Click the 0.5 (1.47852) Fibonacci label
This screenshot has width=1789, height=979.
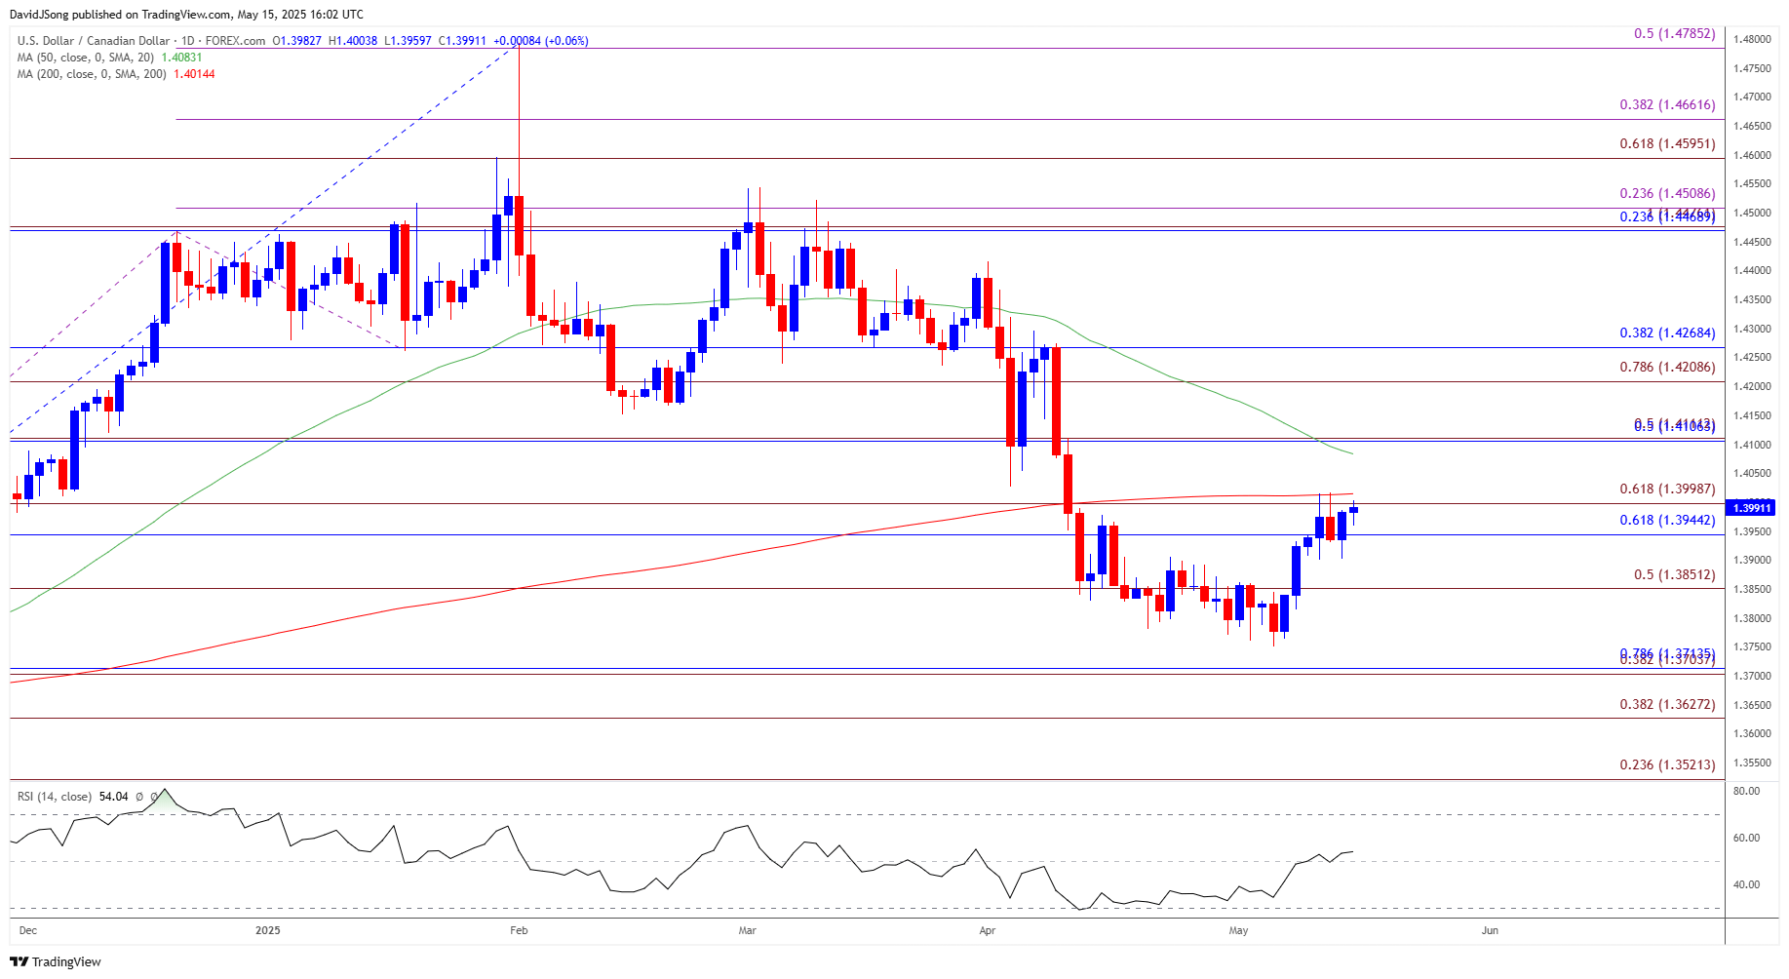(1674, 34)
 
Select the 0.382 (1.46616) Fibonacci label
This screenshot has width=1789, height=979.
(1667, 105)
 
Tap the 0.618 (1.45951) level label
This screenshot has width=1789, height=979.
(1667, 144)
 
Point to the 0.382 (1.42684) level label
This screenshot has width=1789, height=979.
(1667, 333)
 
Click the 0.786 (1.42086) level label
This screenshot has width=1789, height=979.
(1667, 368)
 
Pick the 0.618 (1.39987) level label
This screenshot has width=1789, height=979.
(1667, 489)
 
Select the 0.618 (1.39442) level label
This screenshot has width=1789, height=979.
(1667, 521)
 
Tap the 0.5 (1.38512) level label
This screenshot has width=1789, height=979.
(1674, 575)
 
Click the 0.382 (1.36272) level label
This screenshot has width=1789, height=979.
(1667, 705)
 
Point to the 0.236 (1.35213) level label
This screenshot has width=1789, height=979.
(1667, 765)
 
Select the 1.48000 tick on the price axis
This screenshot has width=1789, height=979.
(1752, 40)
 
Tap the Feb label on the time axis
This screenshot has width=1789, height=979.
(519, 931)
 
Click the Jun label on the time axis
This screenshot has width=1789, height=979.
(1490, 931)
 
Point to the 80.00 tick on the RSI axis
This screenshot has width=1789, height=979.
(1746, 792)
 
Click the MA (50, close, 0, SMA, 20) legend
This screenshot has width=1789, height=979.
(86, 58)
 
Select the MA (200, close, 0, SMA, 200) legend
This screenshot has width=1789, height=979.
(92, 74)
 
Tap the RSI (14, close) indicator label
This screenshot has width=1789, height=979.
(55, 797)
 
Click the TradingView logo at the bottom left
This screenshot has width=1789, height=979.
(56, 962)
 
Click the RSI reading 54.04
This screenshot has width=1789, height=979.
(113, 797)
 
